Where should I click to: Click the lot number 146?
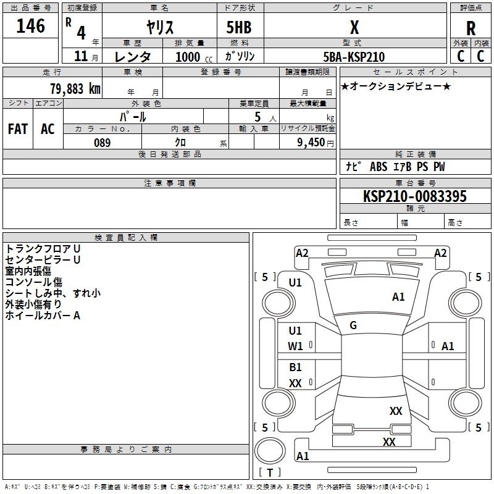(x=31, y=26)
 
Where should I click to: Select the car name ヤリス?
(x=159, y=27)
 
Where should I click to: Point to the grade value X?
(x=354, y=27)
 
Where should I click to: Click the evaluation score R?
(x=471, y=28)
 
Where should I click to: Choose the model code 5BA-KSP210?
(x=354, y=57)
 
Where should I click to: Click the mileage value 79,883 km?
(x=75, y=88)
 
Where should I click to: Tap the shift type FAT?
(x=18, y=129)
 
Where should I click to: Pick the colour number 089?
(x=103, y=143)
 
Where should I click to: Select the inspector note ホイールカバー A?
(x=43, y=316)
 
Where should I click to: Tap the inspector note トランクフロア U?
(x=43, y=248)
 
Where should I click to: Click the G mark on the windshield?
(x=353, y=325)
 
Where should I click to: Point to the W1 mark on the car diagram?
(x=296, y=346)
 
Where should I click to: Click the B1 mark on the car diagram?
(x=296, y=367)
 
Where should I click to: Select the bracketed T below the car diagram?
(x=270, y=472)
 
